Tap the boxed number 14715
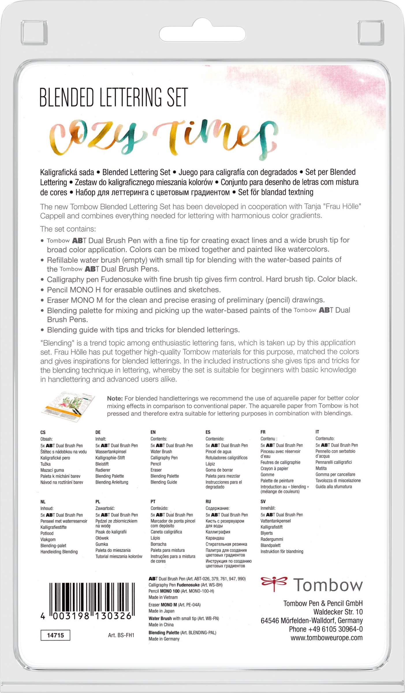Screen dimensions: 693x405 (55, 635)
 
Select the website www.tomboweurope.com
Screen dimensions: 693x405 (326, 638)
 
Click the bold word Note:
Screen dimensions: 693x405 (115, 398)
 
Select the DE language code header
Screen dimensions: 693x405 (98, 432)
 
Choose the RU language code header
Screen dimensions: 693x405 (208, 502)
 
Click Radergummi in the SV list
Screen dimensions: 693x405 (272, 539)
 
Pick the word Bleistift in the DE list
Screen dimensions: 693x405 (102, 464)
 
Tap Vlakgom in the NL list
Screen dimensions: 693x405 (48, 539)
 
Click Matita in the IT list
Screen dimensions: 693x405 (321, 468)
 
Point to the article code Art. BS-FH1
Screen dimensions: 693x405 (121, 635)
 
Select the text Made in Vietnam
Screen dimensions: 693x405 (163, 597)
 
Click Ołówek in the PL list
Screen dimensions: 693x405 (102, 538)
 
